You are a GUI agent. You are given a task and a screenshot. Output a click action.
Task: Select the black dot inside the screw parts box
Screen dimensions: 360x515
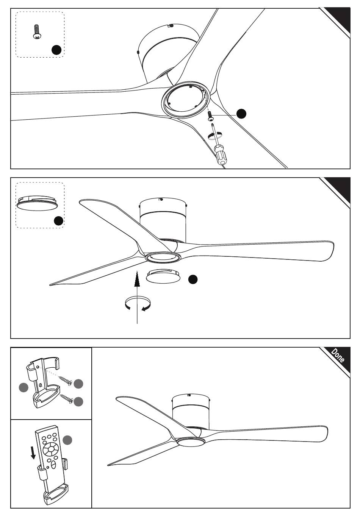pyautogui.click(x=56, y=50)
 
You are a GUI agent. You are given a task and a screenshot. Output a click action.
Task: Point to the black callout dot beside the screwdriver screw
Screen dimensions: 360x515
pyautogui.click(x=241, y=114)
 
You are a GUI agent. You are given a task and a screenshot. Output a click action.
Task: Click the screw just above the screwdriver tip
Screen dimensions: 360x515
pyautogui.click(x=210, y=116)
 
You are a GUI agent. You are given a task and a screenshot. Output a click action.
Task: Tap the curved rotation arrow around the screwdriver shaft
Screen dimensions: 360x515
pyautogui.click(x=215, y=135)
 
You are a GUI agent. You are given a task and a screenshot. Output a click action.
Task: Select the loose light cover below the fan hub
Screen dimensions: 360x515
pyautogui.click(x=163, y=276)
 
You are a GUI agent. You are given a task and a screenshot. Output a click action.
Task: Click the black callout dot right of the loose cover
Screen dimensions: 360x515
pyautogui.click(x=193, y=279)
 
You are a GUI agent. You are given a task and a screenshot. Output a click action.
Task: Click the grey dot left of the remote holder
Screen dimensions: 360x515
pyautogui.click(x=23, y=387)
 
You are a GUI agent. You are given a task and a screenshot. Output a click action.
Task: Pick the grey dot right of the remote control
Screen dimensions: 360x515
pyautogui.click(x=67, y=440)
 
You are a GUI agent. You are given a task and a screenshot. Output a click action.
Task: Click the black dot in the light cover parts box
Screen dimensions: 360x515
pyautogui.click(x=58, y=221)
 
